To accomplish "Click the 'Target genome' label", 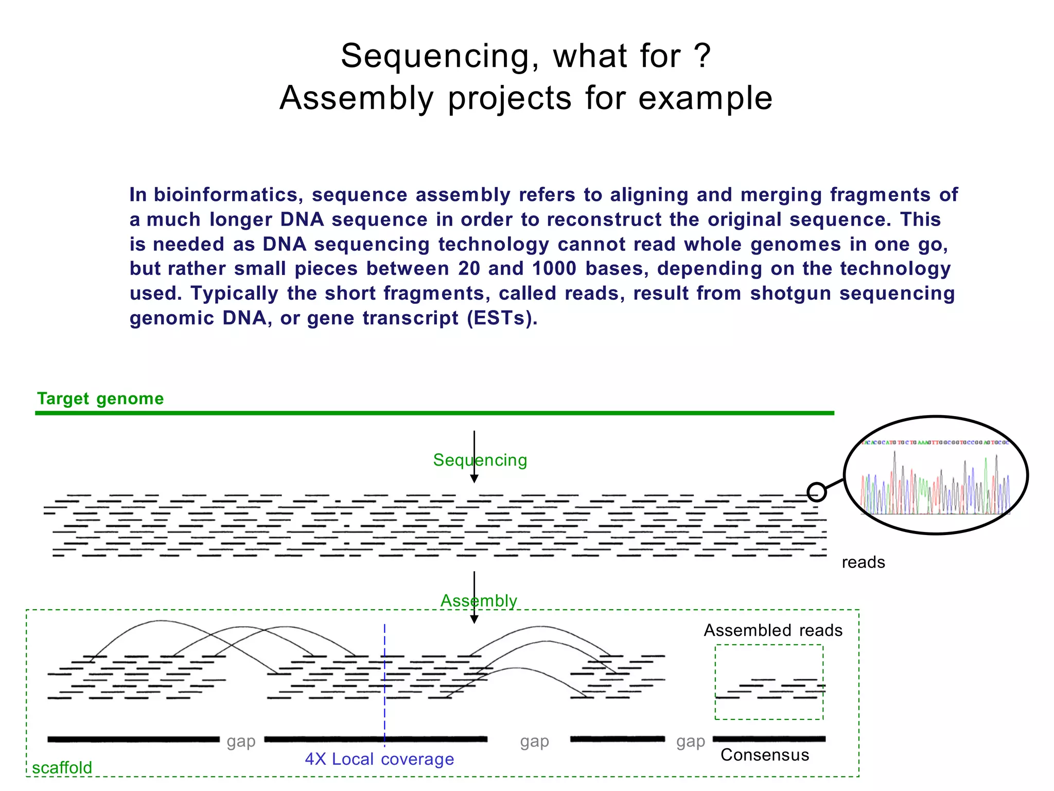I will [x=100, y=399].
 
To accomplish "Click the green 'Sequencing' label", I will [x=480, y=460].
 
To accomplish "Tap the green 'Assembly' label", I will [x=479, y=600].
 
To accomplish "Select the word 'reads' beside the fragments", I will [x=863, y=562].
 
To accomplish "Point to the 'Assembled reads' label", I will [x=773, y=630].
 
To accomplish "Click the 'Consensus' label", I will [x=765, y=755].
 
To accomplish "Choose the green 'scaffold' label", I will [x=62, y=767].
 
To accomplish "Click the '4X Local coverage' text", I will [x=379, y=759].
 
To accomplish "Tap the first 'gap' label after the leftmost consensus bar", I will [x=241, y=742].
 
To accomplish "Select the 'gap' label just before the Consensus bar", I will [x=691, y=742].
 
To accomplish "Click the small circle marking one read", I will [x=816, y=492].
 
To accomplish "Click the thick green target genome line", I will [x=434, y=413].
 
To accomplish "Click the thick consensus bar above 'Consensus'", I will [x=769, y=739].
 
